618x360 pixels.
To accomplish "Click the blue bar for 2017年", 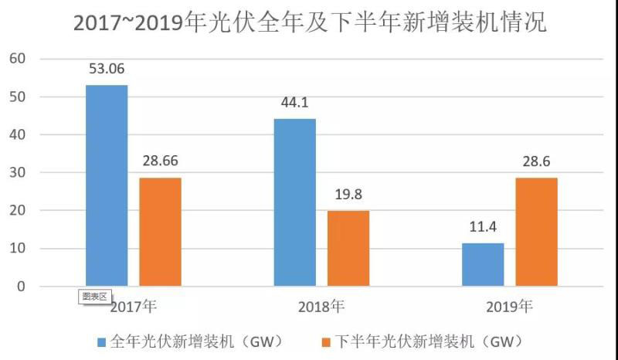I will pyautogui.click(x=107, y=185).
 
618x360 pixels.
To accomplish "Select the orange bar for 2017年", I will pyautogui.click(x=160, y=232).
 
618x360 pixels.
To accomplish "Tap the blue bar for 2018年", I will pyautogui.click(x=295, y=202).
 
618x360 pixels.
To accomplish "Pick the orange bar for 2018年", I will pyautogui.click(x=348, y=248).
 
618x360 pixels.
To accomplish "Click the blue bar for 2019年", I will pyautogui.click(x=483, y=264).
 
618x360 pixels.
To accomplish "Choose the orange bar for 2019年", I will pyautogui.click(x=536, y=232).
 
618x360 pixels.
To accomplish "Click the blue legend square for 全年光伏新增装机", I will pyautogui.click(x=102, y=341).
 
